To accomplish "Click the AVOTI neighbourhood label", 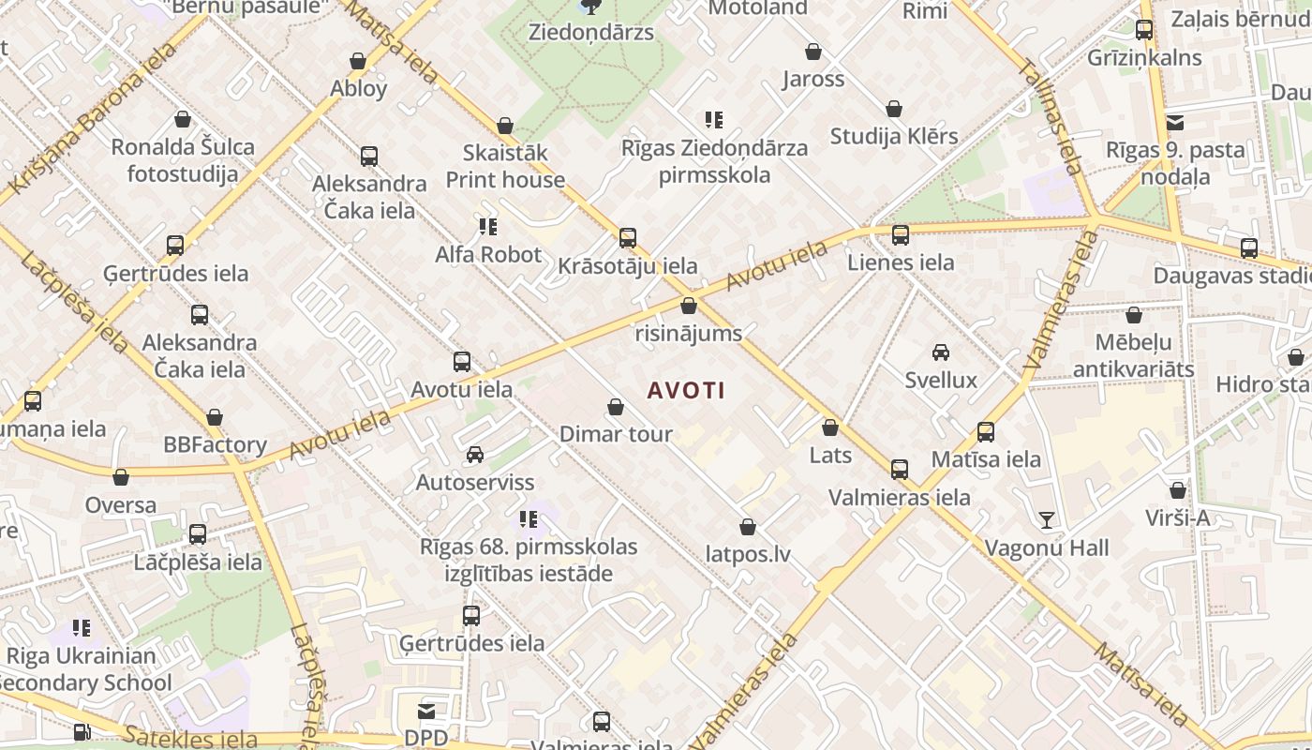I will point(686,390).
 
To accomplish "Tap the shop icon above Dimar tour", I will point(616,407).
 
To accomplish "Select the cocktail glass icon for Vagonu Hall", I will point(1046,520).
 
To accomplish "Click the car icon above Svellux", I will point(941,352).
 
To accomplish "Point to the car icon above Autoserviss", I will point(475,455).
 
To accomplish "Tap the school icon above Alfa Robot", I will point(487,226).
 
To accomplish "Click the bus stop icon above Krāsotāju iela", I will point(628,238).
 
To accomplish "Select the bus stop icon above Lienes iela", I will point(901,235).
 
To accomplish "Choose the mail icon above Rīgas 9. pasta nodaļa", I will point(1175,123).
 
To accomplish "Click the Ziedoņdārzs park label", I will point(591,32).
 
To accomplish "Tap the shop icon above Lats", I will point(829,428).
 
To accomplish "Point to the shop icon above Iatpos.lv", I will point(748,527).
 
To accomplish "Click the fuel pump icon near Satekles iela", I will point(82,731).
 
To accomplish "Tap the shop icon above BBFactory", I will point(215,417).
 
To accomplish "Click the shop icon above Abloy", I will point(358,62).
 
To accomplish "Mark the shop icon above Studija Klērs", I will point(894,110).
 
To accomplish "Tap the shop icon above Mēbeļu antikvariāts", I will point(1134,315).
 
